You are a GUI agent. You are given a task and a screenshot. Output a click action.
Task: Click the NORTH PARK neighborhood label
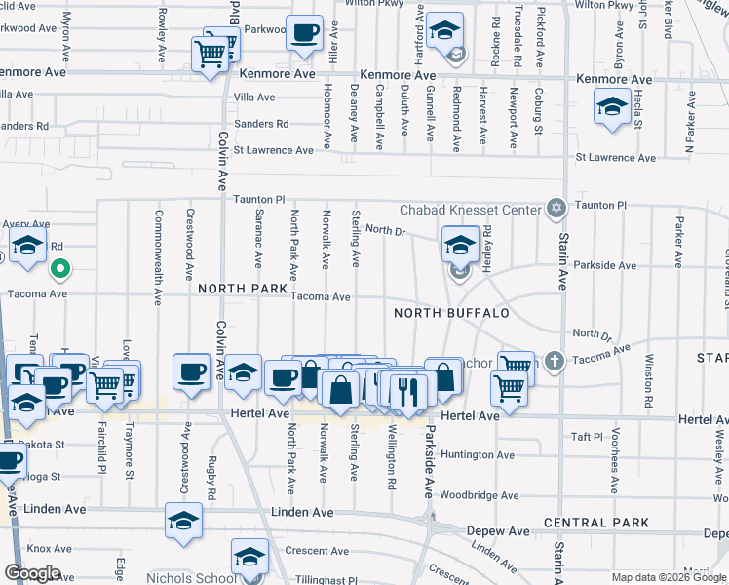pos(243,290)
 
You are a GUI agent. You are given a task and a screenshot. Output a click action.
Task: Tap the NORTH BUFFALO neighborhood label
pos(451,313)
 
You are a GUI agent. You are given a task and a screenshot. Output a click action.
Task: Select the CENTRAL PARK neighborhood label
pos(596,523)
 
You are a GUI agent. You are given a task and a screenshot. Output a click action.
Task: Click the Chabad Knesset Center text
pos(471,210)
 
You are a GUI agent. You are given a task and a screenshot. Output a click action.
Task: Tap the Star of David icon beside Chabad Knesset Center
pos(556,208)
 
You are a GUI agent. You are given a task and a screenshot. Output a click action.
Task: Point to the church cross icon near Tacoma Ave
pos(555,362)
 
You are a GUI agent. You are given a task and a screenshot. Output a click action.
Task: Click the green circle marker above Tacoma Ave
pos(59,267)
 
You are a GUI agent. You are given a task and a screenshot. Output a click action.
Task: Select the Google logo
pos(32,572)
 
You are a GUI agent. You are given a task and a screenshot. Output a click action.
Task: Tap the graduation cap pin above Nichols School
pos(249,558)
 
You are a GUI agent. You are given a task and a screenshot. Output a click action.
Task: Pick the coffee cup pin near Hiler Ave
pos(304,34)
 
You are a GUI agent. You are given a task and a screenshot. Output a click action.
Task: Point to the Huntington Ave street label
pos(477,454)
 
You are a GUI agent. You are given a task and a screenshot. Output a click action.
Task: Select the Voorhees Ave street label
pos(615,470)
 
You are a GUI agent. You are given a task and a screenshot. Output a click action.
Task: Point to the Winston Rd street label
pos(649,380)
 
